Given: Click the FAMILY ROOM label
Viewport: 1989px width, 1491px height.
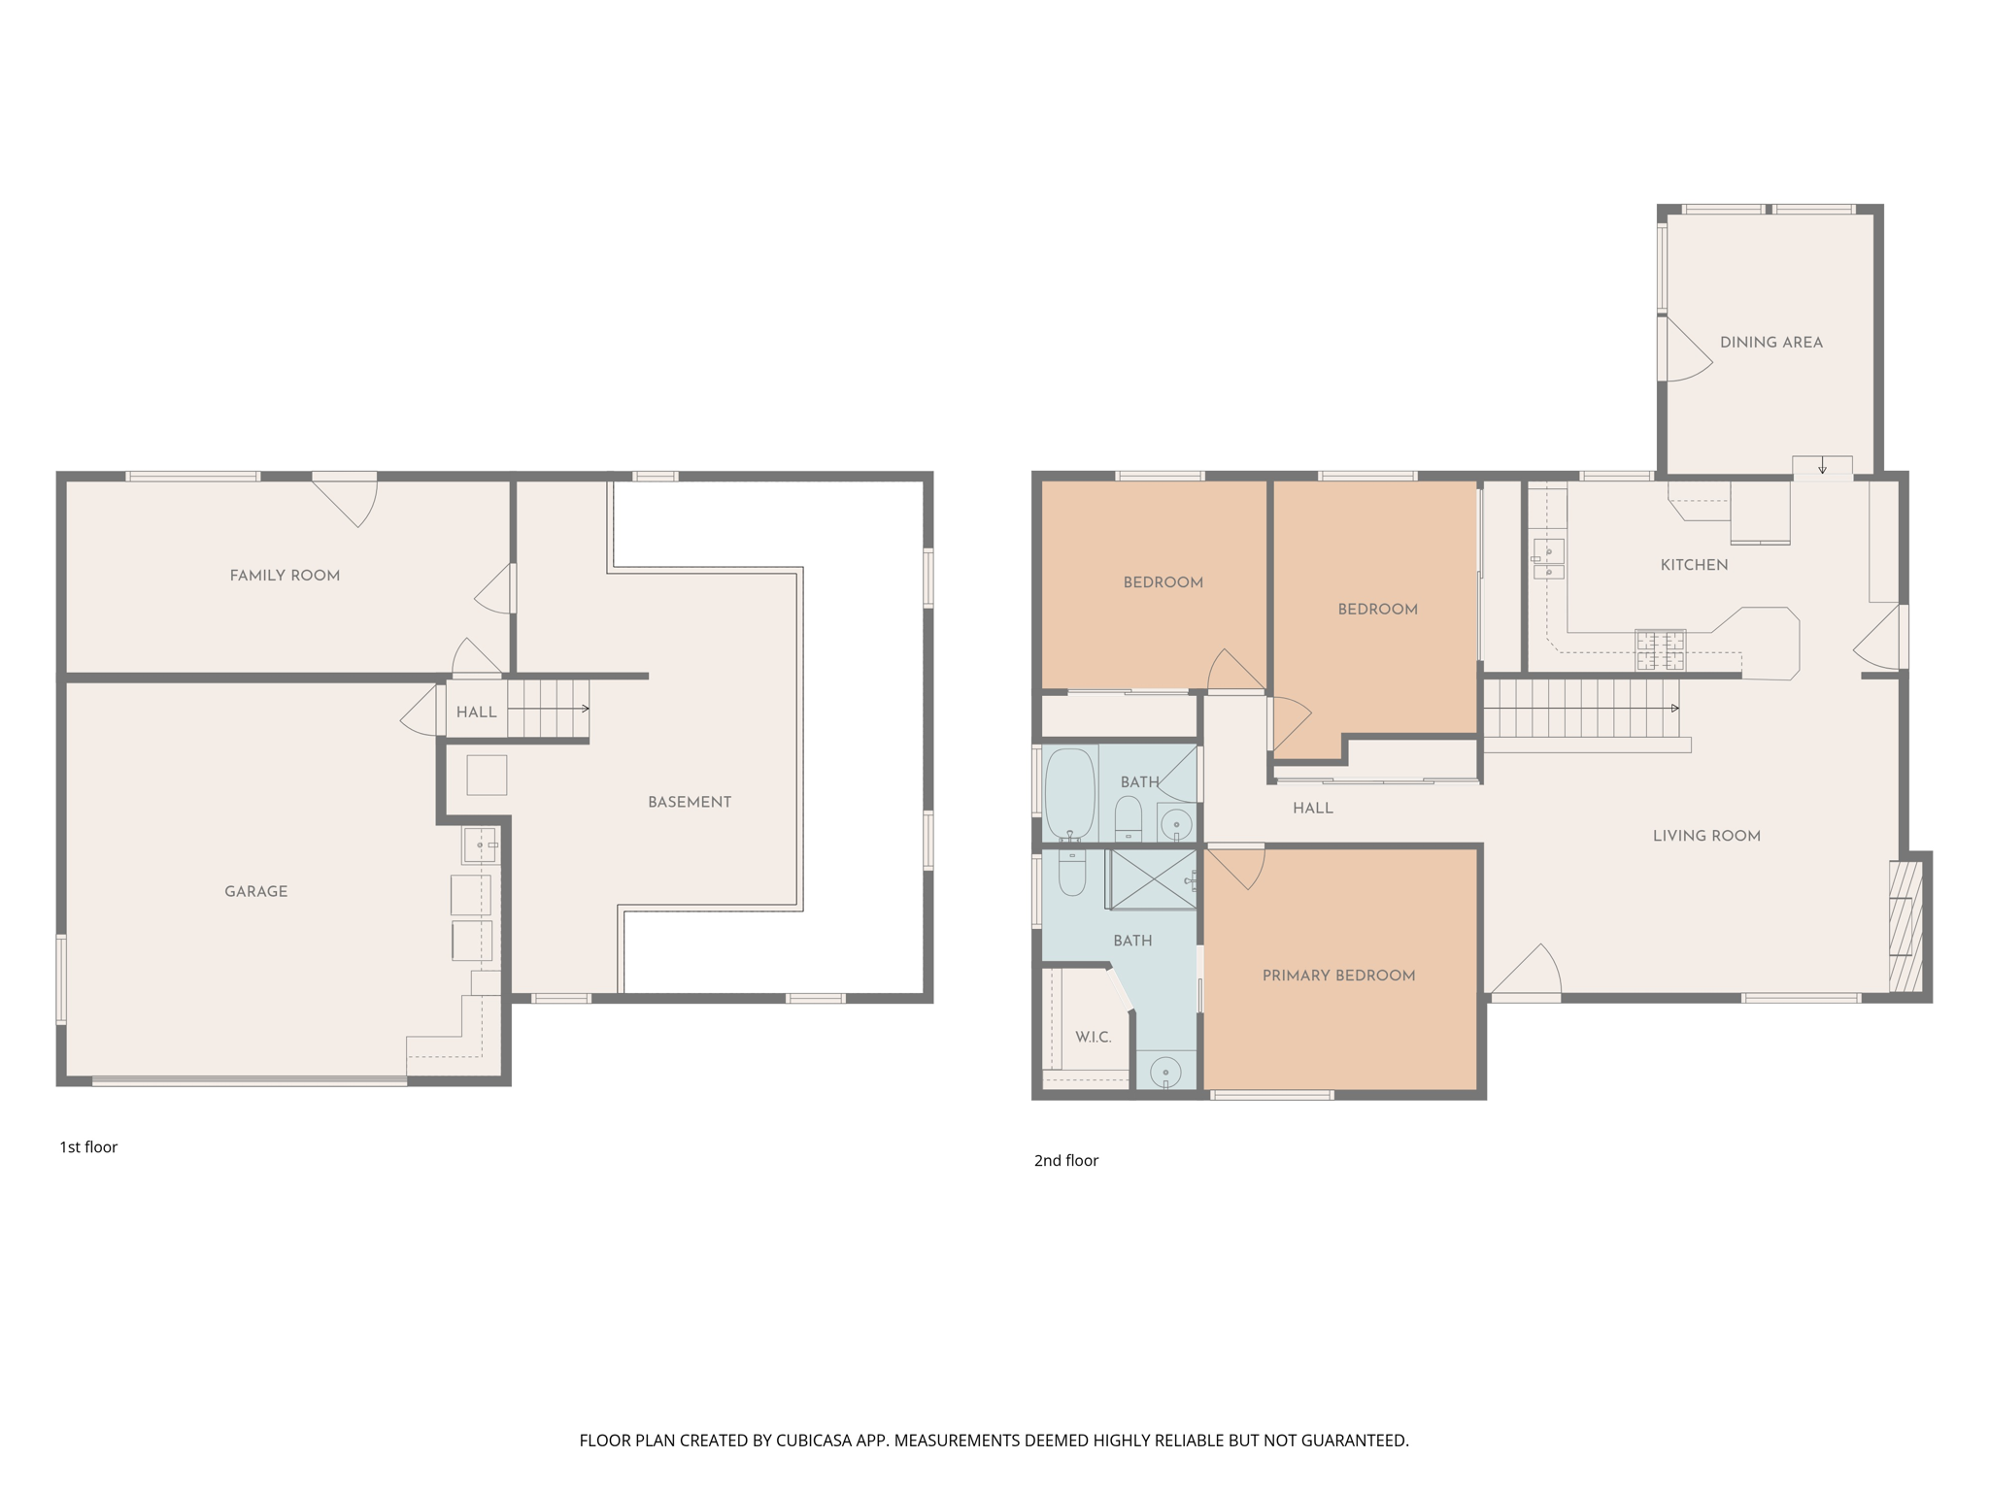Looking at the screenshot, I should (285, 576).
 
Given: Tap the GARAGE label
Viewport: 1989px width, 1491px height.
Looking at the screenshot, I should (255, 891).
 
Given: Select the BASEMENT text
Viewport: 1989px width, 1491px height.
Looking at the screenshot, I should (690, 802).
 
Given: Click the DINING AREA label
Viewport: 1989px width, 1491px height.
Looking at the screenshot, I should (1770, 342).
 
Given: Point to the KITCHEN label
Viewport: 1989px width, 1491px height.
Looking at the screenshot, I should (1694, 565).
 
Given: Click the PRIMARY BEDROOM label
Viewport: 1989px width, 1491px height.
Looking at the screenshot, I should (1338, 976).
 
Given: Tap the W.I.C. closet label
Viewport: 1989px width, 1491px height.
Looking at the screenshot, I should (1093, 1038).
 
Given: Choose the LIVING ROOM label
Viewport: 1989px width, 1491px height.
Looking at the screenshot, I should (1706, 836).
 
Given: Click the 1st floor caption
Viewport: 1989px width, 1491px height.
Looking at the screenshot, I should (88, 1147).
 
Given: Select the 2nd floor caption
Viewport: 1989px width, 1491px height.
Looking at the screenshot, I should (1065, 1161).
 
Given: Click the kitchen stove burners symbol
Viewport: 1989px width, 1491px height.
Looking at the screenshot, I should (1660, 650).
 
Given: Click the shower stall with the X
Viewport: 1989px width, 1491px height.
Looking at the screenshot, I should (1152, 879).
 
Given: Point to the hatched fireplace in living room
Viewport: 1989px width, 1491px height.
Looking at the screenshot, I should (1905, 927).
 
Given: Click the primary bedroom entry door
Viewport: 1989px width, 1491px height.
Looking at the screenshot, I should (1235, 866).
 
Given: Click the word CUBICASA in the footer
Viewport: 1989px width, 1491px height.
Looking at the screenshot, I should (813, 1441).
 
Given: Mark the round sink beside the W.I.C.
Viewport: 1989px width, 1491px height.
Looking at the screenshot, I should (1164, 1073).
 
